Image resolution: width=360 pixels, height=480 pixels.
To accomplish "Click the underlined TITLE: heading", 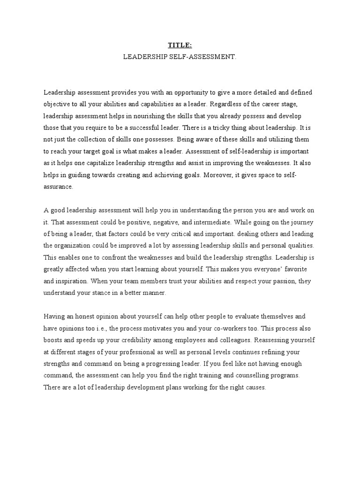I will pos(180,45).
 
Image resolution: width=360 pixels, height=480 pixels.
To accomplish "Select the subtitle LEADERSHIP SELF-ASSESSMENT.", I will pos(180,56).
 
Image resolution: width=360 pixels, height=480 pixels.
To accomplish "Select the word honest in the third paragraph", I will pos(92,317).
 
